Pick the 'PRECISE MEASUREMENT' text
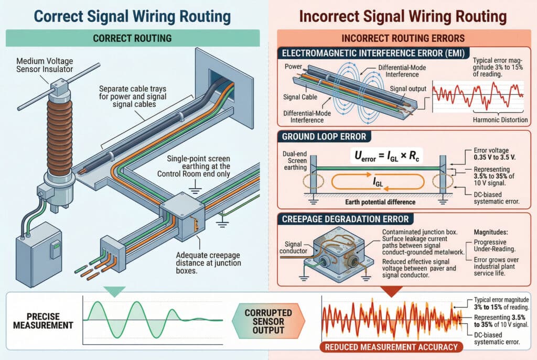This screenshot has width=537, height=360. click(43, 320)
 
